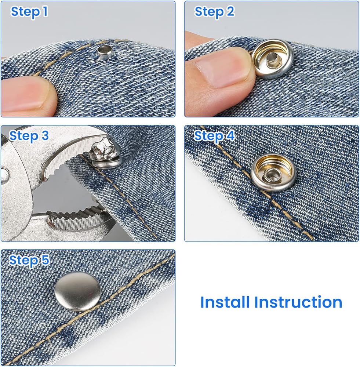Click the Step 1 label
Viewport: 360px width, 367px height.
29,12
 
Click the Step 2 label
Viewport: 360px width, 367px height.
214,12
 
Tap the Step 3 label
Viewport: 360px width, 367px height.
29,136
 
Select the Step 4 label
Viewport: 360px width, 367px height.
214,136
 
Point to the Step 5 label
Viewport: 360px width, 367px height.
29,260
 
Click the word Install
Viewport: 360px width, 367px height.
225,302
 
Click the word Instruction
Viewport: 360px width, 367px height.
298,302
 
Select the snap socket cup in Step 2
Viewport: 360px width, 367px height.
272,61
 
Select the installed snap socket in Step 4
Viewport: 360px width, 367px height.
273,173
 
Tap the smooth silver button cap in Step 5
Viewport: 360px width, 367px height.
78,292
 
